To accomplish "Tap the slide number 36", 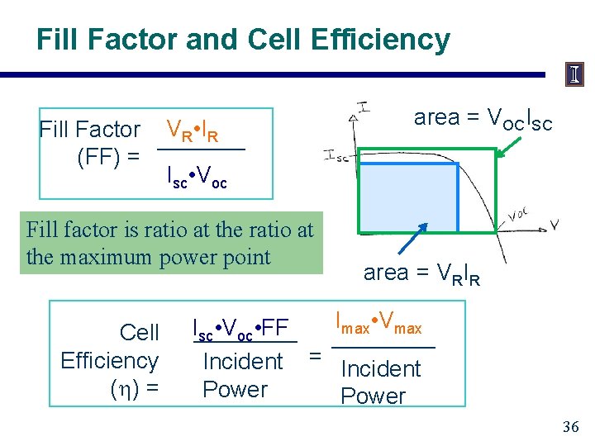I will pyautogui.click(x=570, y=427).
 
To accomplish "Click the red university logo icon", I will pyautogui.click(x=574, y=75).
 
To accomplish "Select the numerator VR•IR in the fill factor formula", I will pyautogui.click(x=193, y=130).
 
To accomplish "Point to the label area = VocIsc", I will pyautogui.click(x=483, y=119).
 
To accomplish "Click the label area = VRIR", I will pyautogui.click(x=421, y=273).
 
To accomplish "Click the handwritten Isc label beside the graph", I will pyautogui.click(x=337, y=154).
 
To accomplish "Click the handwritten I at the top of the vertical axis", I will pyautogui.click(x=363, y=106).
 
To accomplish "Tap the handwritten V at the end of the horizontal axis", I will pyautogui.click(x=555, y=223).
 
